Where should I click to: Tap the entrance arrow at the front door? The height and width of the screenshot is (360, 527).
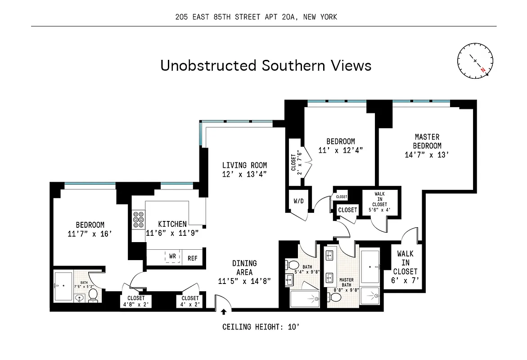tap(224, 311)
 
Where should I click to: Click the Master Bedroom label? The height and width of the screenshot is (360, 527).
tap(427, 141)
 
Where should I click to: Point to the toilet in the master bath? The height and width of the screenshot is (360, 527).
tap(336, 297)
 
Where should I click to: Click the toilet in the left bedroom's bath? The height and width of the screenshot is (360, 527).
tap(93, 295)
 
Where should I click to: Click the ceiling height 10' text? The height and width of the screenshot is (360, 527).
tap(261, 327)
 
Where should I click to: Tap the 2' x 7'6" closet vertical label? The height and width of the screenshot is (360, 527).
tap(297, 162)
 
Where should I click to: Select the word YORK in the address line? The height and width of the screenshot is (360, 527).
tap(327, 17)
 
